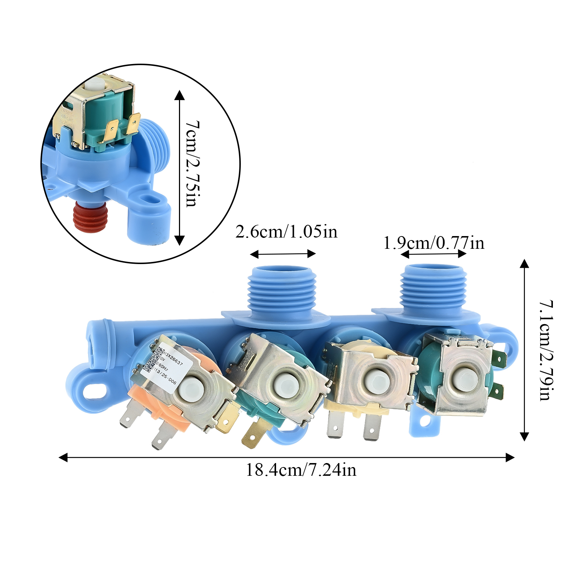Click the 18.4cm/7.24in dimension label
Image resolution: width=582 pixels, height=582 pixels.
click(301, 470)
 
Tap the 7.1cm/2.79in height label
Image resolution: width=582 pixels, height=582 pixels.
click(546, 350)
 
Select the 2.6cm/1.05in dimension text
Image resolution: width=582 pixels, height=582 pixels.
click(286, 232)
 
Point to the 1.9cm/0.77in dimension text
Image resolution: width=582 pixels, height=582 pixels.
click(434, 243)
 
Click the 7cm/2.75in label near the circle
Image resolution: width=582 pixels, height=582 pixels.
click(192, 164)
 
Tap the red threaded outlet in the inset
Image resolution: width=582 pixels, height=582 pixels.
click(90, 218)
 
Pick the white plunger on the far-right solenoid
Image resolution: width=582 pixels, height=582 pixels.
click(466, 379)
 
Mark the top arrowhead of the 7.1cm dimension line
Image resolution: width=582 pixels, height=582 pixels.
click(524, 263)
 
